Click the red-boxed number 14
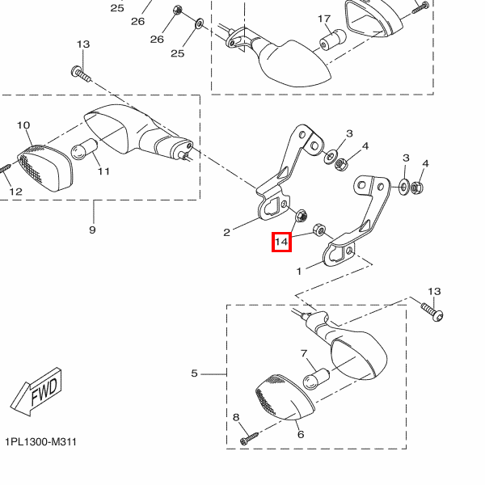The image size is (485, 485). coord(280,242)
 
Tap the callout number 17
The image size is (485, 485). coord(324,19)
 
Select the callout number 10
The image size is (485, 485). coord(23,125)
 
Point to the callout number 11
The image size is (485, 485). coord(103,171)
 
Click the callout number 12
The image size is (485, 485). coord(15,192)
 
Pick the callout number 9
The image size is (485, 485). coord(92,230)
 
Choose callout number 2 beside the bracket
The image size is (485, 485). coord(227,232)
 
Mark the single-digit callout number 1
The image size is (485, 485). coord(298,272)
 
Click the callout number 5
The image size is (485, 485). coord(194,373)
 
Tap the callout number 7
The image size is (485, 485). coord(304,354)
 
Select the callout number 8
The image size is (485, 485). coord(237,417)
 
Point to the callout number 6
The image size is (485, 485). coord(300,434)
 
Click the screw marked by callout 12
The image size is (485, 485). coord(4,167)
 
